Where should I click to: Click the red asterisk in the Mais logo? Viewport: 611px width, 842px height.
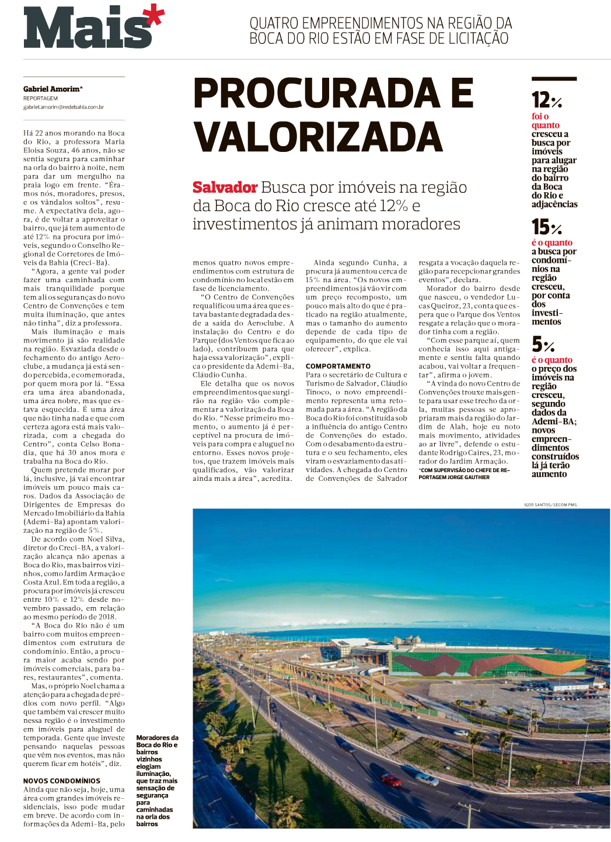tap(153, 16)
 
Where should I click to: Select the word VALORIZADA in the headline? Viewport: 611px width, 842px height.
tap(318, 137)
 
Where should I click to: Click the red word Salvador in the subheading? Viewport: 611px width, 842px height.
tap(225, 188)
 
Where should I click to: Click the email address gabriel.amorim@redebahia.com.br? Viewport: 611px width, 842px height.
tap(64, 107)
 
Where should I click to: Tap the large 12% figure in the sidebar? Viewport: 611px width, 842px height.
tap(546, 101)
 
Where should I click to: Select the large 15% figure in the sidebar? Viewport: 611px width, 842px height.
tap(546, 227)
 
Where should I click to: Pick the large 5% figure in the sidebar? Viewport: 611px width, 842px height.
tap(543, 344)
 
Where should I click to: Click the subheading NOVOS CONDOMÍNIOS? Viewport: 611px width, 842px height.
tap(62, 781)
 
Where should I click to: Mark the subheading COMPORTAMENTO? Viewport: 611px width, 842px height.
tap(338, 366)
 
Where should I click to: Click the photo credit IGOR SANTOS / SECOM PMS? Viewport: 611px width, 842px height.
tap(550, 504)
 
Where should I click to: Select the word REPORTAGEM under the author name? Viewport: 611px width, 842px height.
tap(40, 98)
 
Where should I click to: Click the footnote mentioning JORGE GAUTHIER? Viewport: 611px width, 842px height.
tap(464, 474)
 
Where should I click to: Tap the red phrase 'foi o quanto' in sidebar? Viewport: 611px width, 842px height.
tap(545, 120)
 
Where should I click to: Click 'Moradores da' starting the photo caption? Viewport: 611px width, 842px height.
tap(157, 738)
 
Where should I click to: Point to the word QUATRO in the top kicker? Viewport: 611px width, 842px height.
tap(274, 23)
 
